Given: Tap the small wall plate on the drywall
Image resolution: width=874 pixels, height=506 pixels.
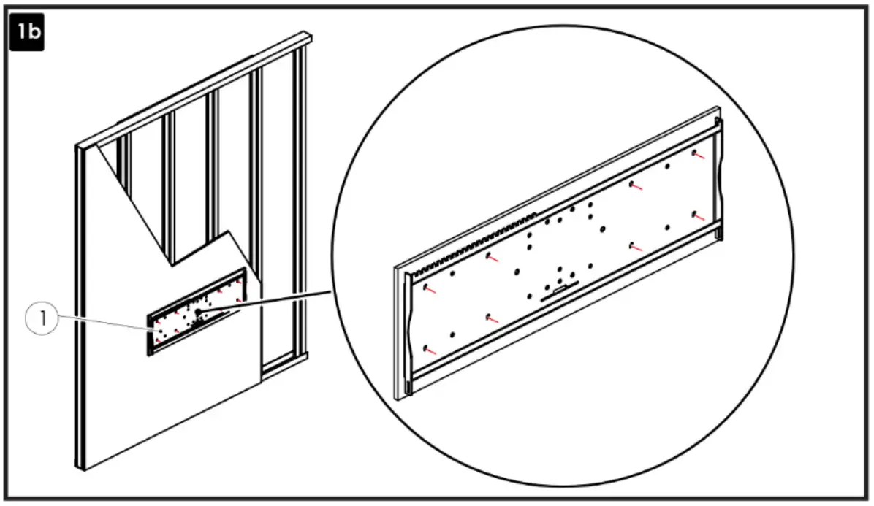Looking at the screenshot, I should (197, 313).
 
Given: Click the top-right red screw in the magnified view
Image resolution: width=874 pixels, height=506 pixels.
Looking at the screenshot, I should (698, 155).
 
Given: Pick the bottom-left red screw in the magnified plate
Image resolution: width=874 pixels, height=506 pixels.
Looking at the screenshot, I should (428, 350).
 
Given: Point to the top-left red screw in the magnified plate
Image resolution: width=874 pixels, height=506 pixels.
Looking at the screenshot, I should (428, 288).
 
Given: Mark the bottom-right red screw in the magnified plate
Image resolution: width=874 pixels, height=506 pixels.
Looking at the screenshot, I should (698, 216).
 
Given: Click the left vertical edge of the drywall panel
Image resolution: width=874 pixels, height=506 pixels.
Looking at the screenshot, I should (77, 307).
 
